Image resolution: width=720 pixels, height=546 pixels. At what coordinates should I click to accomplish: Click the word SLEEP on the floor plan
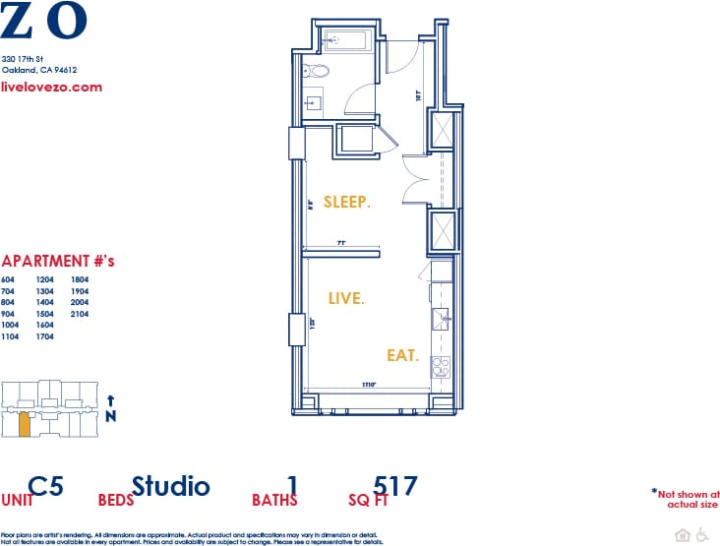click(x=346, y=203)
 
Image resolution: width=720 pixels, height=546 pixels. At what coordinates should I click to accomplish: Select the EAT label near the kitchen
click(x=402, y=355)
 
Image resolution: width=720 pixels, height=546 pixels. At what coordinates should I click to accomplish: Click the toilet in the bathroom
click(x=318, y=71)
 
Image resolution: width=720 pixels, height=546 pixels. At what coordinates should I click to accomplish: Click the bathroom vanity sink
click(x=316, y=101)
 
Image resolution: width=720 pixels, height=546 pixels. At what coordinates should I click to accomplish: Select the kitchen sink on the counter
click(x=442, y=317)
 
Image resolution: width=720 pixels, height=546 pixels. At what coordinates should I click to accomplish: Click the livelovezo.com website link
click(x=52, y=87)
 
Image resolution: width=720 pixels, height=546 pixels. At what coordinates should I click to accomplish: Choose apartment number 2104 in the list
click(x=80, y=314)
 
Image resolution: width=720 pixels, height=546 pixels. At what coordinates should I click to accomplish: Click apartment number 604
click(x=9, y=279)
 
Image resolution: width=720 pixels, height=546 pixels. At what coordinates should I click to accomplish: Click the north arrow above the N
click(x=111, y=400)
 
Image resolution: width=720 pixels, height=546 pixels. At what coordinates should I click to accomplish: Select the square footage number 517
click(x=395, y=485)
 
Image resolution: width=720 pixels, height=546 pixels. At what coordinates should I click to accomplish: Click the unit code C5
click(x=53, y=485)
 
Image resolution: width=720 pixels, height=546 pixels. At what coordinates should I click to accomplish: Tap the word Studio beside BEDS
click(x=171, y=485)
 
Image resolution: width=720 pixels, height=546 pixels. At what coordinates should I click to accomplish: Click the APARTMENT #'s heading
click(x=58, y=262)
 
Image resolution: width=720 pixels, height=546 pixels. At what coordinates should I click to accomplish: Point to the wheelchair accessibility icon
click(x=702, y=534)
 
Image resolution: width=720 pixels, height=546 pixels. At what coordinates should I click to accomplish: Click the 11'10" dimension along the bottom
click(x=370, y=384)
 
